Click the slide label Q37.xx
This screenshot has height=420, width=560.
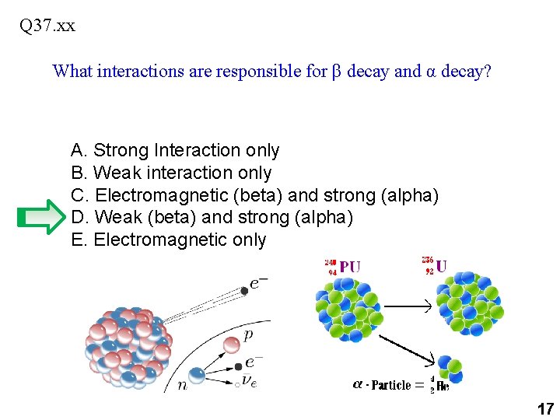tap(47, 26)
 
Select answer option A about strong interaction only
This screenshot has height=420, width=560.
tap(175, 150)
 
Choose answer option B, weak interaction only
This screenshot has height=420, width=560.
tap(171, 173)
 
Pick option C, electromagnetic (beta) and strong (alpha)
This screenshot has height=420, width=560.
tap(255, 195)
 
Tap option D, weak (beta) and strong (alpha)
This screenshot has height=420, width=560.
tap(212, 218)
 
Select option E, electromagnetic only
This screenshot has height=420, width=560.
tap(169, 240)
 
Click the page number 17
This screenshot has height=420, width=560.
tap(544, 408)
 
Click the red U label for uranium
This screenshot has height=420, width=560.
tap(441, 266)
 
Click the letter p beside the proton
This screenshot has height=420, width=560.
tap(248, 334)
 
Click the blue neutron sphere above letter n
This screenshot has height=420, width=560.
tap(198, 375)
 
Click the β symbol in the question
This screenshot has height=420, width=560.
tap(336, 72)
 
